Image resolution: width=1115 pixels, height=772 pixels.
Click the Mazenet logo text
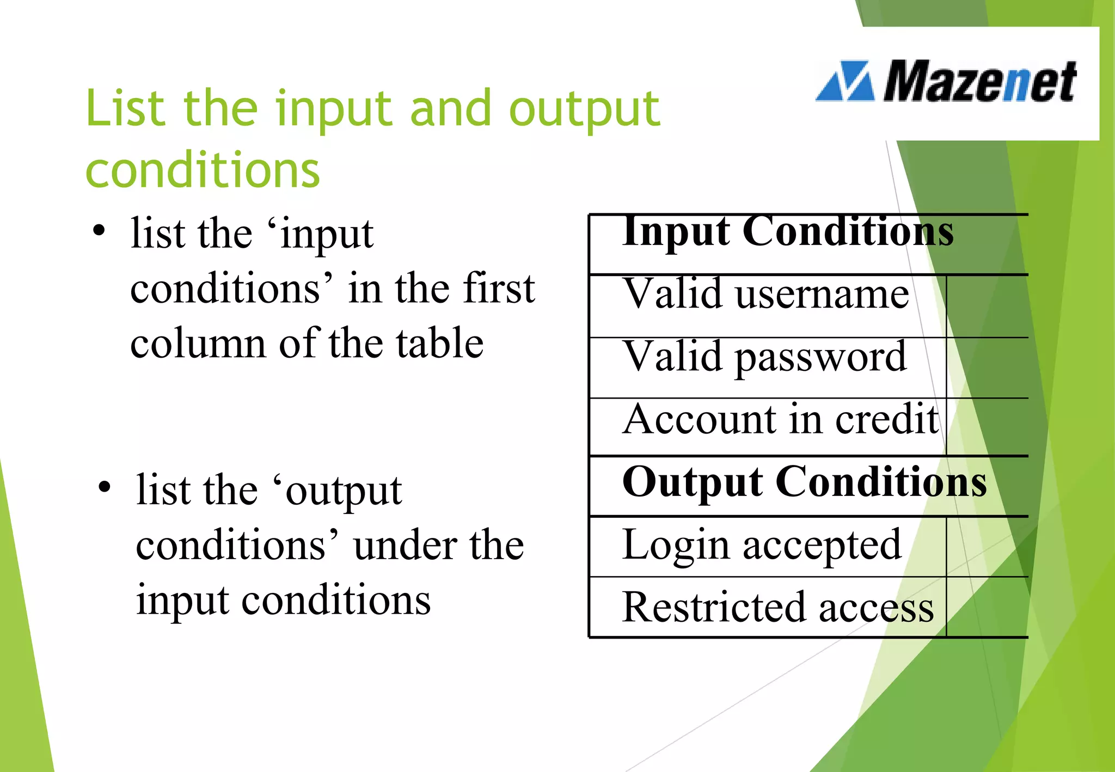(979, 82)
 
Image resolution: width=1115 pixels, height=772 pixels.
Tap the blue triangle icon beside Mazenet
(846, 82)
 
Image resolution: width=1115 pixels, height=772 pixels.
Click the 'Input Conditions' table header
(787, 231)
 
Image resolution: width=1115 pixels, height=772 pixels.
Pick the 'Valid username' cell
(766, 294)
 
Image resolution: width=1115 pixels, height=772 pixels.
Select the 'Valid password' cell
(765, 357)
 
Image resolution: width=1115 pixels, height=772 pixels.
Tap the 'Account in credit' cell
(780, 419)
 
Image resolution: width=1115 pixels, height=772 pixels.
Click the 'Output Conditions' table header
(804, 482)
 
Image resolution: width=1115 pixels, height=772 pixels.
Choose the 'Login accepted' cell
(762, 544)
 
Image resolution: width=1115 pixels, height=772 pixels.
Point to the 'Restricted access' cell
(777, 607)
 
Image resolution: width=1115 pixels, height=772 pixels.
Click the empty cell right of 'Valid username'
(987, 306)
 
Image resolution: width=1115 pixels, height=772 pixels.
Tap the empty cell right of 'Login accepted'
(987, 547)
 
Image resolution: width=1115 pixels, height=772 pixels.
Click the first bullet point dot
(99, 230)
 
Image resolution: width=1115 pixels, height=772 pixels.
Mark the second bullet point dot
(105, 487)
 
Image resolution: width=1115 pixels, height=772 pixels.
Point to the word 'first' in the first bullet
(499, 288)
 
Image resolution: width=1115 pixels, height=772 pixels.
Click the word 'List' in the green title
(125, 108)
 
